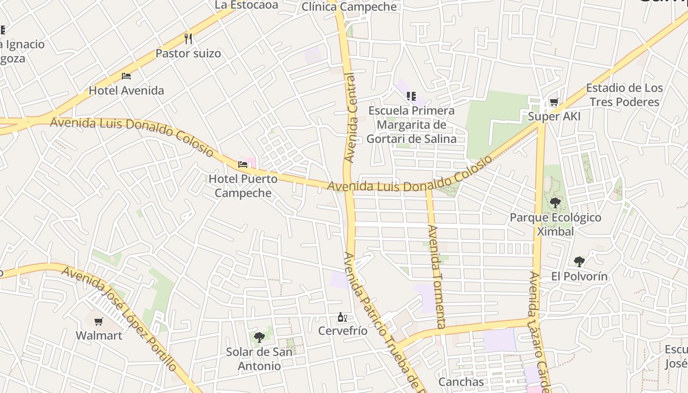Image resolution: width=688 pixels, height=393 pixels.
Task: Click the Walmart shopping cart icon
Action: [98, 322]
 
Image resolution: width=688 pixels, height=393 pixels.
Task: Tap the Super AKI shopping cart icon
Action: [554, 102]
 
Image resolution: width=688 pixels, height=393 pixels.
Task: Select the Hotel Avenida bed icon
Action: [126, 76]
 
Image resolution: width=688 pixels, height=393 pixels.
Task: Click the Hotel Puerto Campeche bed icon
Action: [243, 164]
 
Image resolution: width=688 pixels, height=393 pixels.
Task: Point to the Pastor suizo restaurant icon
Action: [188, 38]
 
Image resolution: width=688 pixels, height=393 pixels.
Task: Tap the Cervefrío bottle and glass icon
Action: [343, 317]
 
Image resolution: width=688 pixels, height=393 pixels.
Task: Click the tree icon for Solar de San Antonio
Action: [259, 337]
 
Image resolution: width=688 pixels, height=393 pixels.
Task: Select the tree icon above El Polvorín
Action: [579, 262]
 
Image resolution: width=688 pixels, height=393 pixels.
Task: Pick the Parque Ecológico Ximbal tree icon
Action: [555, 202]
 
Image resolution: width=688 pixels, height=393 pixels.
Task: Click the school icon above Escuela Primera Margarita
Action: [411, 96]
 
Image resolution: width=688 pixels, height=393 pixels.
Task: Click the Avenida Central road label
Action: [350, 118]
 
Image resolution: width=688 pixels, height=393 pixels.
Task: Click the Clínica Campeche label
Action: [349, 7]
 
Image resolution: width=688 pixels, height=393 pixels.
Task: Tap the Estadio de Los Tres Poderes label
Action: [624, 95]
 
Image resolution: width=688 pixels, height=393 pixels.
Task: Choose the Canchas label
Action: [461, 382]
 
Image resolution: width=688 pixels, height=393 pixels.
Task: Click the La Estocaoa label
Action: [247, 5]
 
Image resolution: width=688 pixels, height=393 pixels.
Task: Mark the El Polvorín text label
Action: [579, 277]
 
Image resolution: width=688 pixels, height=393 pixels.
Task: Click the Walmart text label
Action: [99, 336]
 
